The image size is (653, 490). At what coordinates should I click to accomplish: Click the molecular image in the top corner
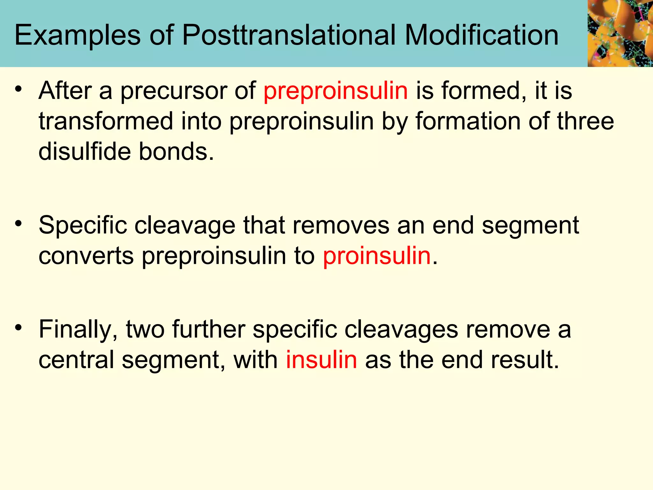click(620, 33)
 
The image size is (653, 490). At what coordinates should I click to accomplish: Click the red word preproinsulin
click(335, 91)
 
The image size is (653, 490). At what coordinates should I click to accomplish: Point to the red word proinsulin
click(377, 256)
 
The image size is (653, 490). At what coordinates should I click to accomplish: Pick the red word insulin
click(321, 360)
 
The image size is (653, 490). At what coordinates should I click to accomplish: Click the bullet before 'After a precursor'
click(19, 89)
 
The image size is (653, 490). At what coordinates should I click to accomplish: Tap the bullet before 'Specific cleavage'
click(19, 224)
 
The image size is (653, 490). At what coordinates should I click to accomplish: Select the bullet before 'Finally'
click(19, 327)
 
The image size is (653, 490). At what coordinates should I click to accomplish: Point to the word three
click(585, 122)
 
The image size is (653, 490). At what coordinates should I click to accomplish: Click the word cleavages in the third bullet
click(401, 330)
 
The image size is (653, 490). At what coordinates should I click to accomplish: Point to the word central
click(76, 360)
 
